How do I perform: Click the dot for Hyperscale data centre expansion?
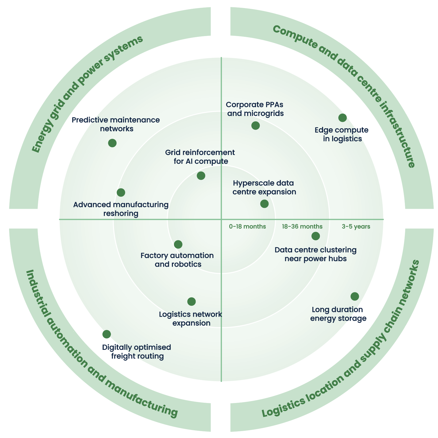[x=264, y=204]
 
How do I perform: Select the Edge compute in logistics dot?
[x=342, y=118]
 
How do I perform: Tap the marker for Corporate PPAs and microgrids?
[x=255, y=125]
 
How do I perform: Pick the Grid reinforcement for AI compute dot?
[x=201, y=176]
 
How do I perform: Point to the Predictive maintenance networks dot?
[x=112, y=143]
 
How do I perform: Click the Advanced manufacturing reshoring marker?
[x=121, y=192]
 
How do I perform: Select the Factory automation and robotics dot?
[x=178, y=244]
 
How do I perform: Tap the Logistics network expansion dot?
[x=191, y=301]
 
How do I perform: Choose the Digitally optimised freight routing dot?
[x=106, y=334]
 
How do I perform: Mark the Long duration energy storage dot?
[x=355, y=296]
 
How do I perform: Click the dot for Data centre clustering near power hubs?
[x=316, y=236]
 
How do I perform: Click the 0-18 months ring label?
[x=247, y=227]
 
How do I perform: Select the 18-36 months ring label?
[x=302, y=227]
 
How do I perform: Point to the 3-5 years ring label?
[x=356, y=227]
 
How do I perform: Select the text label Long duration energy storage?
[x=338, y=314]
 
